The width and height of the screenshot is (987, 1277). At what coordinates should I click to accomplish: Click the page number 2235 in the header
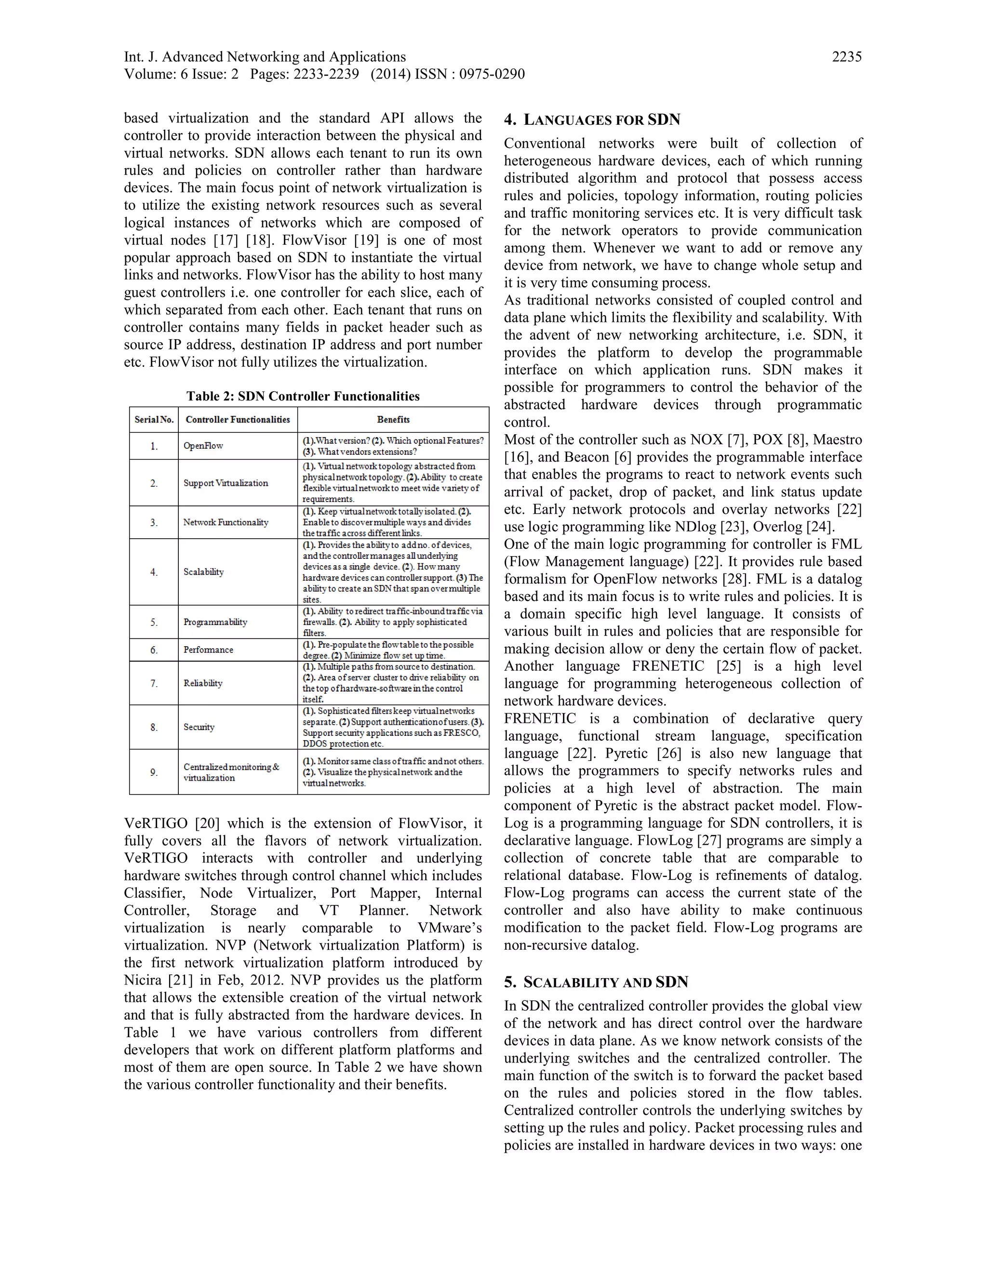coord(846,57)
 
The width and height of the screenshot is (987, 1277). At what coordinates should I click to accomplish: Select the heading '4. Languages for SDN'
coord(592,120)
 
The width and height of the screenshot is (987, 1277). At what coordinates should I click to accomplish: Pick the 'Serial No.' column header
coord(154,419)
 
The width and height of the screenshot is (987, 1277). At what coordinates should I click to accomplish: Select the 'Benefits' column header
coord(393,419)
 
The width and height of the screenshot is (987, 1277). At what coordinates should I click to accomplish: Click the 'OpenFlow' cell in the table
coord(203,446)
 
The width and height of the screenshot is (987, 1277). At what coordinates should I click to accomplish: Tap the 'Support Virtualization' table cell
coord(225,483)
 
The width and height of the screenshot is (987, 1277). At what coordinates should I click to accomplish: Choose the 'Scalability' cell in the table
coord(203,572)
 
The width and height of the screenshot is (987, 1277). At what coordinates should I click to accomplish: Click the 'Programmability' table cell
coord(214,622)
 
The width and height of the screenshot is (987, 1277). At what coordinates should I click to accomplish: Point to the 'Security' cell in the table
coord(199,727)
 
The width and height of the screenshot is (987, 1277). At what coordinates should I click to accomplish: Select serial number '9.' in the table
coord(154,772)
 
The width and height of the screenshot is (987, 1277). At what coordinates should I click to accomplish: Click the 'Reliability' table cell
coord(202,683)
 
